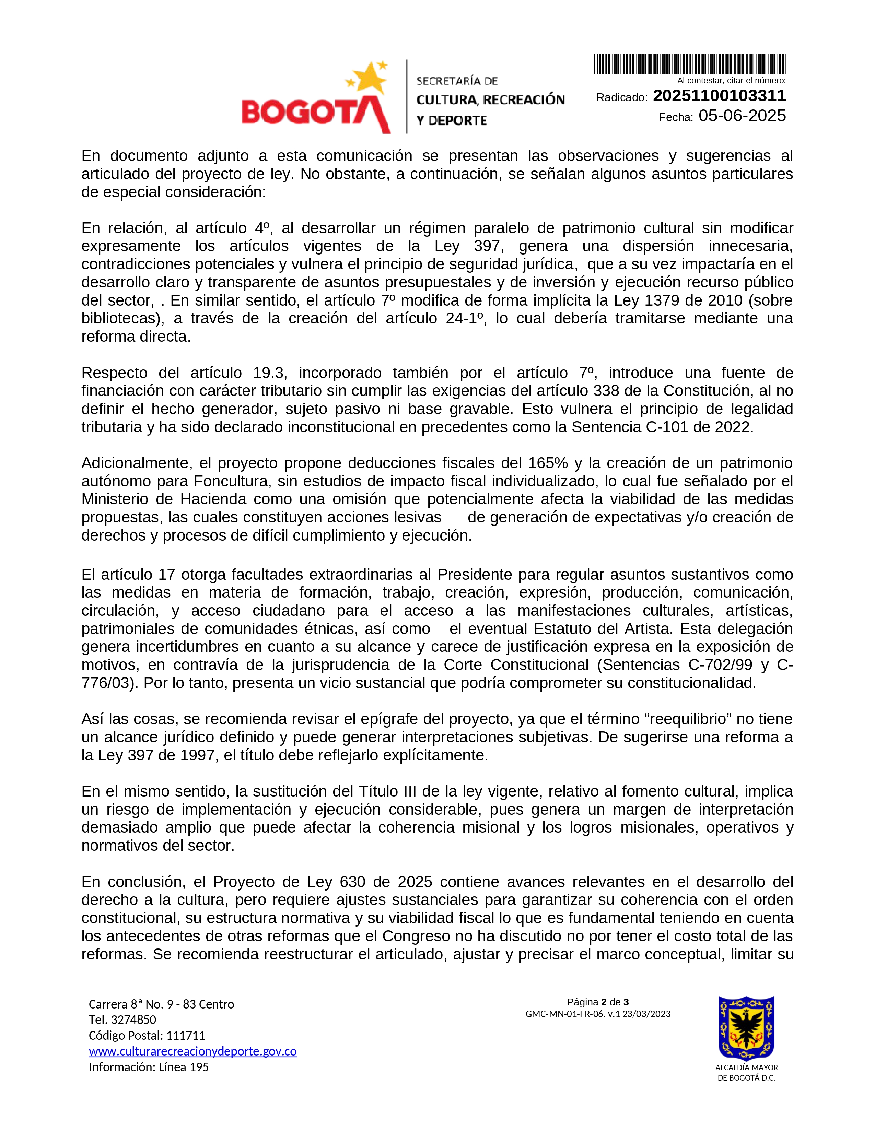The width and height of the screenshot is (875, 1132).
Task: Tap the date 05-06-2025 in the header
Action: point(742,116)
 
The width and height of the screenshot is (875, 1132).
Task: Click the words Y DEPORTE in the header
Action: point(452,121)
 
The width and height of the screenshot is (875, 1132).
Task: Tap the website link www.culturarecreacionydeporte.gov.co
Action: point(193,1051)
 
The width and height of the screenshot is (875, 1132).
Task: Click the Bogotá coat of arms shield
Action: point(746,1028)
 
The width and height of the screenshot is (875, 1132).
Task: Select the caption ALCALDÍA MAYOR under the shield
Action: point(746,1068)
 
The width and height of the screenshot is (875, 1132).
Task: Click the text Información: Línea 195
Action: point(149,1067)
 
